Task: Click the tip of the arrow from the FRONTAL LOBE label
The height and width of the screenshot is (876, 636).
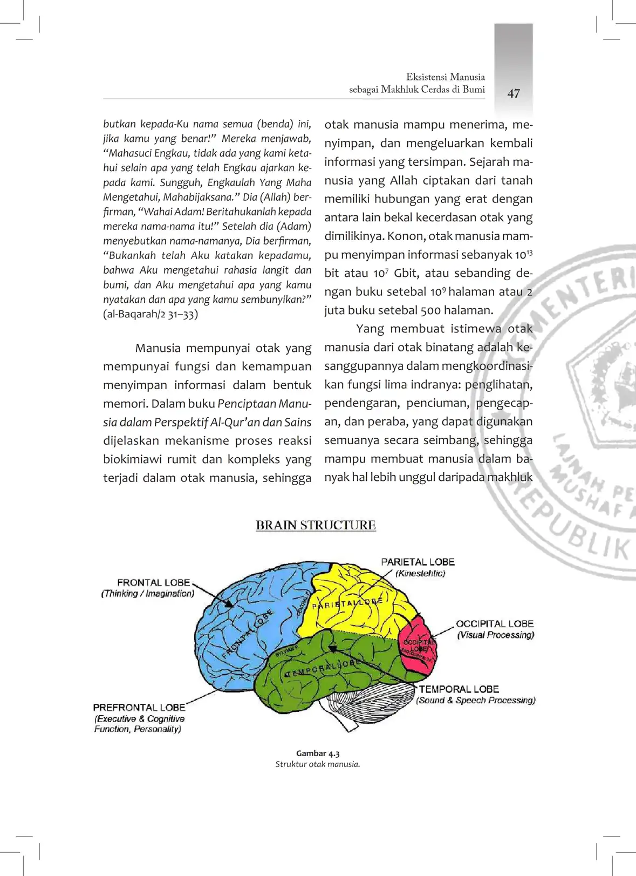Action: click(234, 607)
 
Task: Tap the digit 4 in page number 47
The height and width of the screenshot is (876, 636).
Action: click(510, 93)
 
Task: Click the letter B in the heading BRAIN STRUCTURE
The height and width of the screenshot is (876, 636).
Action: click(261, 525)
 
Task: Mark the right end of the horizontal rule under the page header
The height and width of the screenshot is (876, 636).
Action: click(485, 99)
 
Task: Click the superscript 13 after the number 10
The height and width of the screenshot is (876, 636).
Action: click(529, 252)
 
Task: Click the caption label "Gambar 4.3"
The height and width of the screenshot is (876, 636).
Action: click(318, 753)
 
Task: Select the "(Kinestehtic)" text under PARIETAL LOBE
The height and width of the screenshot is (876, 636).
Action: click(420, 573)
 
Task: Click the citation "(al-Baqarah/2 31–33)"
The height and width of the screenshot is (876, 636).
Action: click(151, 314)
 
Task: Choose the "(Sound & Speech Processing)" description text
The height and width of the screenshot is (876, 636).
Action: click(476, 700)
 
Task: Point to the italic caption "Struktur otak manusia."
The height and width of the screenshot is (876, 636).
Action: click(318, 764)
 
